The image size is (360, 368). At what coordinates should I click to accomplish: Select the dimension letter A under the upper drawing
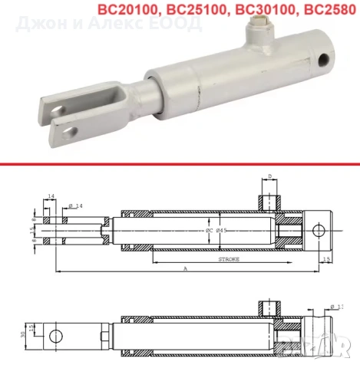click(185, 270)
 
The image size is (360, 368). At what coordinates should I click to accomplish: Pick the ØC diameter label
click(208, 230)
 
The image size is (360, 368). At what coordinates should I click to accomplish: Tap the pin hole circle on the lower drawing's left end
click(55, 336)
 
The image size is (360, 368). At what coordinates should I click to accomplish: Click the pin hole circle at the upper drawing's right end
click(320, 230)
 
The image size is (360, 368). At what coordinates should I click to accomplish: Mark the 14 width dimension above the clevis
click(51, 197)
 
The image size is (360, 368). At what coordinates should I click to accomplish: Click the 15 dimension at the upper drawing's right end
click(328, 260)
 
